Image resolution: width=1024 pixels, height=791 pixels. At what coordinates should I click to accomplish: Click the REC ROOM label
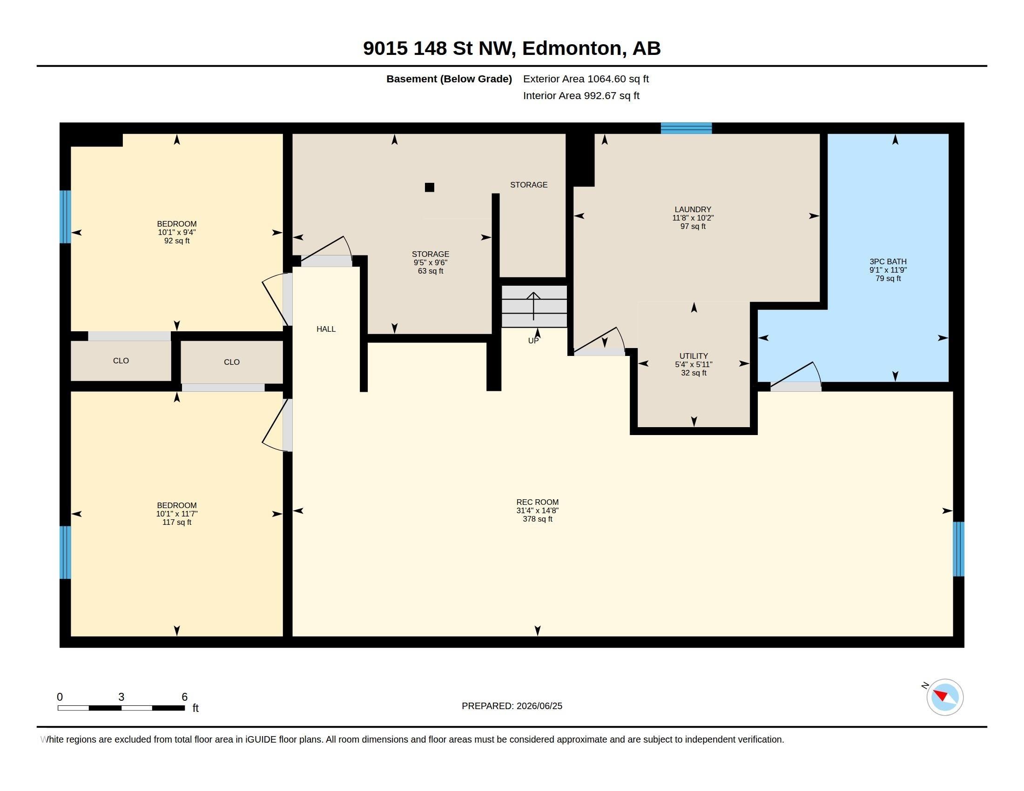537,502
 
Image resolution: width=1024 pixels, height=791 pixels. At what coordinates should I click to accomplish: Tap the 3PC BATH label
888,261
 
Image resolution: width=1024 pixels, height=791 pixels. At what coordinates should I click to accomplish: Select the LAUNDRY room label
693,209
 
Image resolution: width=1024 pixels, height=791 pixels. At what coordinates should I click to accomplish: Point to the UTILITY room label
694,356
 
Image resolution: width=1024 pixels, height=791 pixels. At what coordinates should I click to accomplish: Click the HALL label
326,329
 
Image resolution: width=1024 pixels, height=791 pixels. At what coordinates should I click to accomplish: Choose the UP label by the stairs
533,341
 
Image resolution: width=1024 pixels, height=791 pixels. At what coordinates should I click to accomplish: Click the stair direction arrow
533,306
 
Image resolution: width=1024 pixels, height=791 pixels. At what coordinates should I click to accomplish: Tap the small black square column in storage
430,188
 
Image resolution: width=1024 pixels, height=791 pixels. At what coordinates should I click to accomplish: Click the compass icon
945,697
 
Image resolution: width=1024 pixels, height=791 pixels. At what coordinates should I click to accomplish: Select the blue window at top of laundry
687,128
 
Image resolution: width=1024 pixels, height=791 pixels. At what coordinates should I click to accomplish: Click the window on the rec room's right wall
959,549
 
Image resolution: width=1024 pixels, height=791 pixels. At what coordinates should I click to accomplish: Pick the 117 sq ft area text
177,522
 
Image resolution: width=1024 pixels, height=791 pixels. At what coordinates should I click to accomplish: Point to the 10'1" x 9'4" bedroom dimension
177,233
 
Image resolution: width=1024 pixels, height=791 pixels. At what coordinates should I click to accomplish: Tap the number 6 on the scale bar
185,697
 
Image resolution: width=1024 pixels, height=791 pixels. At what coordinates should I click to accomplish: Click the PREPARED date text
512,706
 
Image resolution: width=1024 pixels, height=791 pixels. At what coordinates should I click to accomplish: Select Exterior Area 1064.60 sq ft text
586,79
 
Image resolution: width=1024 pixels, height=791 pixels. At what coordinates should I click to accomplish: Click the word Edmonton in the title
574,48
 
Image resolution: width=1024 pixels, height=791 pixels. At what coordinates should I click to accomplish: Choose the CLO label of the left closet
121,360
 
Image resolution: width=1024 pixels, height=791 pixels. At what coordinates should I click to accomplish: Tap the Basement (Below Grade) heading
449,79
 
